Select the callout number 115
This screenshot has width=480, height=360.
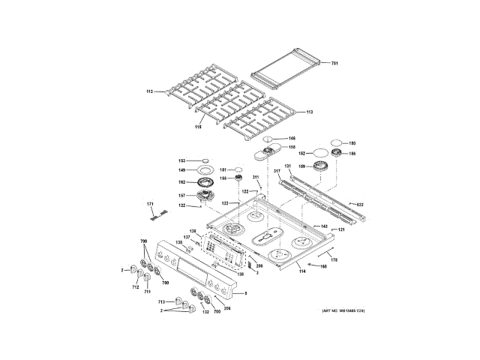pyautogui.click(x=199, y=127)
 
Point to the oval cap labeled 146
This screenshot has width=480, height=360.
pyautogui.click(x=271, y=139)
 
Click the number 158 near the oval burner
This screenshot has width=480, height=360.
pyautogui.click(x=292, y=147)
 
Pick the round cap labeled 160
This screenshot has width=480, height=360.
pyautogui.click(x=337, y=142)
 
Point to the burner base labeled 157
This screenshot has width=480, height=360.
pyautogui.click(x=205, y=196)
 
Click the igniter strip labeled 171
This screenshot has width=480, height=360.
pyautogui.click(x=156, y=215)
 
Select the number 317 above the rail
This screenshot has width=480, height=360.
pyautogui.click(x=276, y=172)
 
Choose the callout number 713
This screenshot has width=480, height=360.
pyautogui.click(x=160, y=301)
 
